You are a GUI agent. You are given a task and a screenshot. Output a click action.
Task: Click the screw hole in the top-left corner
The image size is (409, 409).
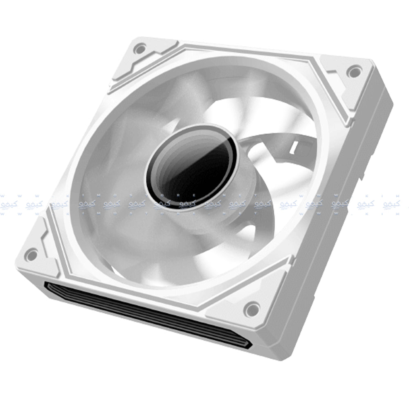click(140, 49)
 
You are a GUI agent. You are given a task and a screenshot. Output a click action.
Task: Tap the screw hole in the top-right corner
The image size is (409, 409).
click(353, 72)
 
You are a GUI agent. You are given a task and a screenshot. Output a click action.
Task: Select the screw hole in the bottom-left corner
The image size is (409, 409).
click(31, 254)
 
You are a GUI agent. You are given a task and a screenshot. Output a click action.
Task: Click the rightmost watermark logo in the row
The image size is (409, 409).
click(391, 204)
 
